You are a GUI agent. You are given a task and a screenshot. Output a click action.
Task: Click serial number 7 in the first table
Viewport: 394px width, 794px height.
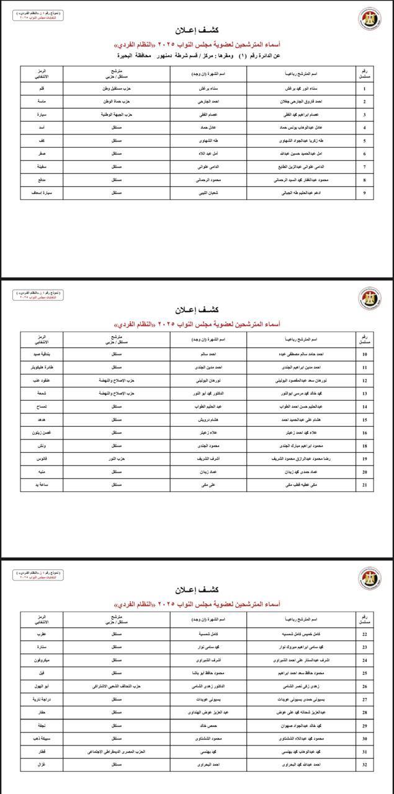pyautogui.click(x=364, y=167)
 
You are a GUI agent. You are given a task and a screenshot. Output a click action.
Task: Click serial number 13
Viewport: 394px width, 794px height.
pyautogui.click(x=365, y=393)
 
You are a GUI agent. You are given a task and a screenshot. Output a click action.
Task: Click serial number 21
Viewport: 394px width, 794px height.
pyautogui.click(x=365, y=484)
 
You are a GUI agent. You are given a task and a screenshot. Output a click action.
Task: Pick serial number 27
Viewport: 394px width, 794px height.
pyautogui.click(x=365, y=699)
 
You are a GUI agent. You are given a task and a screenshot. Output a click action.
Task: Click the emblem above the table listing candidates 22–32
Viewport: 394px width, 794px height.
pyautogui.click(x=370, y=578)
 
